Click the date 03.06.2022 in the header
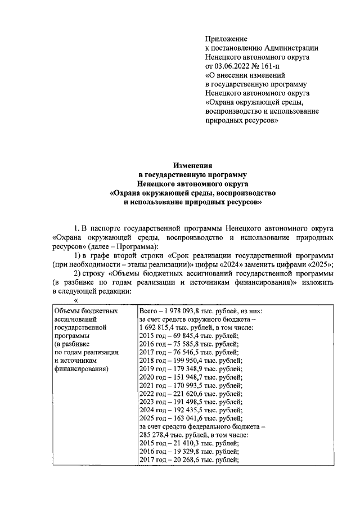coord(235,65)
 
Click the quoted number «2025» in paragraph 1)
coord(321,264)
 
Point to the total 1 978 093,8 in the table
coord(190,310)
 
